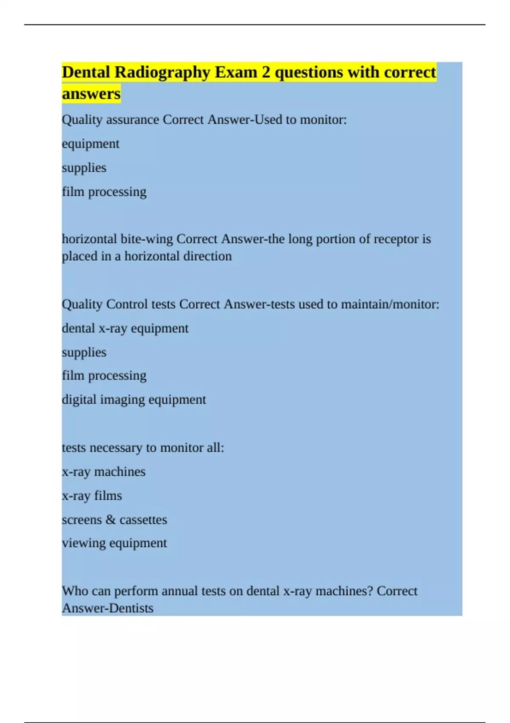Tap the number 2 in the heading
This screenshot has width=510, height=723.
[266, 72]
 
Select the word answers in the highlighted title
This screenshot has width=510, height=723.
[91, 94]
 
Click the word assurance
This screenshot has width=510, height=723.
[133, 120]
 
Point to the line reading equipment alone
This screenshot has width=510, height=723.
[91, 144]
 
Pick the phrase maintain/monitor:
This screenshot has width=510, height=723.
[390, 304]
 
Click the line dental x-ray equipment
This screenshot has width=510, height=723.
[125, 328]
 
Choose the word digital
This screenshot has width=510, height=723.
[79, 399]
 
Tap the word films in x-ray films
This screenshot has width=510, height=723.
[108, 495]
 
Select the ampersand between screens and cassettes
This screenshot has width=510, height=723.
[110, 519]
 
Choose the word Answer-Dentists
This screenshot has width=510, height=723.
[108, 608]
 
